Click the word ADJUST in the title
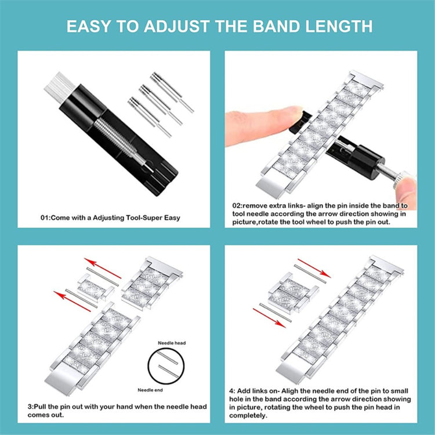[x=176, y=26]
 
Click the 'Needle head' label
[x=172, y=343]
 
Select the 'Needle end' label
[x=150, y=390]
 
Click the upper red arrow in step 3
[x=103, y=269]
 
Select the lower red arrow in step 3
[x=72, y=301]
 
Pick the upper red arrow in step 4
[x=314, y=268]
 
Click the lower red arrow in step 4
[x=269, y=318]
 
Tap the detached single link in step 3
[x=96, y=288]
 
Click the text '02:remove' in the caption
[x=250, y=206]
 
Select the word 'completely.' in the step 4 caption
[x=248, y=416]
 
